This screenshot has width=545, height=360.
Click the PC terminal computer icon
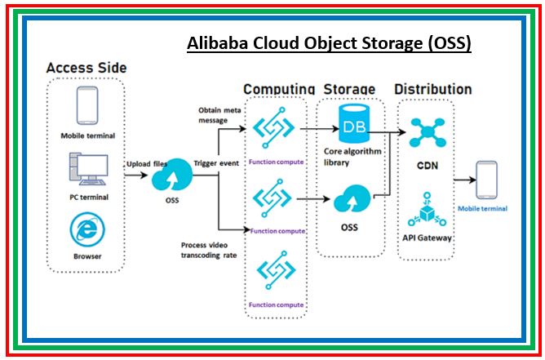point(87,170)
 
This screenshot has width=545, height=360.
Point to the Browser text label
point(87,256)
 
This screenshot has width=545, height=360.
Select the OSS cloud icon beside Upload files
point(172,178)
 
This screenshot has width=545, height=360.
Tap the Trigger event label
point(216,163)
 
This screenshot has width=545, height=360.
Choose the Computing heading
point(278,89)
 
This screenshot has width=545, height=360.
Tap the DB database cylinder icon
point(352,126)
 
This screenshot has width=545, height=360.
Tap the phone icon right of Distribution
point(486,179)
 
